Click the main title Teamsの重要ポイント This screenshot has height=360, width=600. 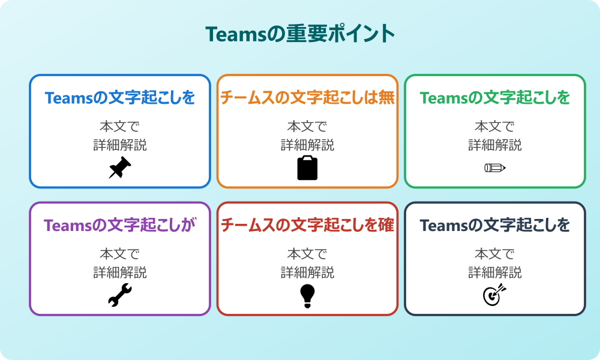tap(300, 34)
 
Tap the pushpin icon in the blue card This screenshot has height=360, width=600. tap(120, 168)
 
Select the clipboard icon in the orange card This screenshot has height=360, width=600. tap(307, 168)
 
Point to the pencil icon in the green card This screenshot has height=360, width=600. tap(495, 167)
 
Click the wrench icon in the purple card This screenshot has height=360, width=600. tap(120, 295)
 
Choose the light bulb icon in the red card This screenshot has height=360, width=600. tap(307, 295)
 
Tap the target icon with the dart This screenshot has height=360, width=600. tap(495, 295)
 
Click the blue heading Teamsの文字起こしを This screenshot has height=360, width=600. tap(120, 98)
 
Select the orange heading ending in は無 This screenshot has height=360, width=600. tap(307, 98)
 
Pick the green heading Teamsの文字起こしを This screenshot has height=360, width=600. tap(495, 98)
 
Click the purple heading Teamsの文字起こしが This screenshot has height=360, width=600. tap(120, 226)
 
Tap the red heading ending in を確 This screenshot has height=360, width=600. tap(307, 226)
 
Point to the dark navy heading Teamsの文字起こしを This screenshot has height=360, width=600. tap(495, 226)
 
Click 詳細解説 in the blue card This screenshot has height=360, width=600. tap(120, 145)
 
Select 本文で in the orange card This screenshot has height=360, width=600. tap(307, 127)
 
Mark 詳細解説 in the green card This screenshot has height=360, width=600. tap(495, 145)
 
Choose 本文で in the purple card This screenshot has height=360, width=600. tap(120, 254)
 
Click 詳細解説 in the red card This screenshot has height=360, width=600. tap(307, 272)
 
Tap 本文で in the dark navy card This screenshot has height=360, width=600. tap(495, 254)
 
